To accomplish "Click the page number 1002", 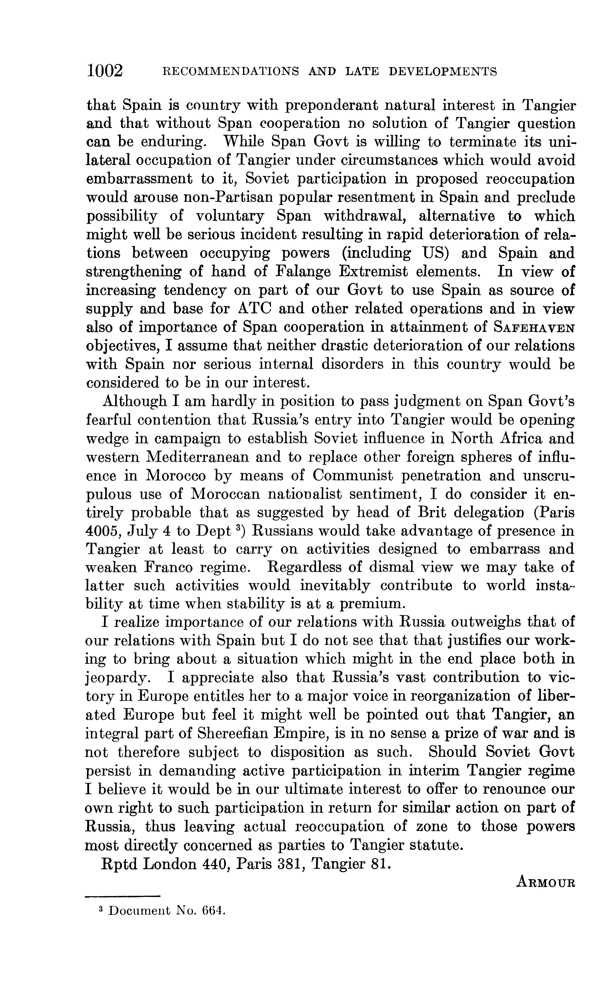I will pyautogui.click(x=104, y=71).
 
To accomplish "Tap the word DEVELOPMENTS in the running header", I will pyautogui.click(x=443, y=72).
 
